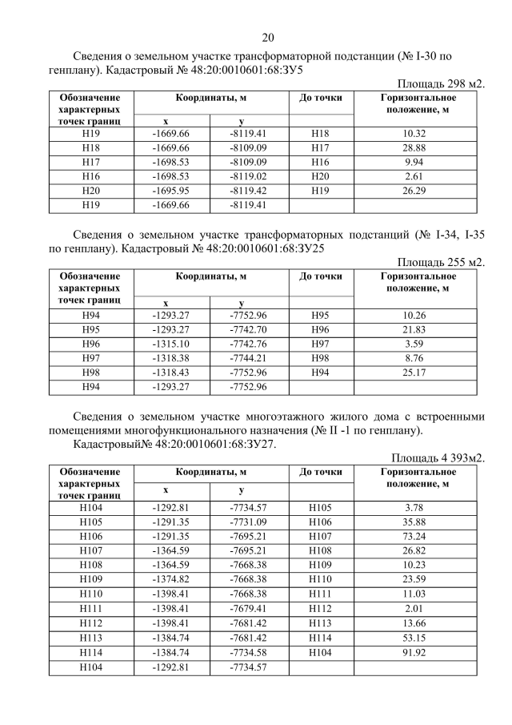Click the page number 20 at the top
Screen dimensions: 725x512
(x=268, y=37)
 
